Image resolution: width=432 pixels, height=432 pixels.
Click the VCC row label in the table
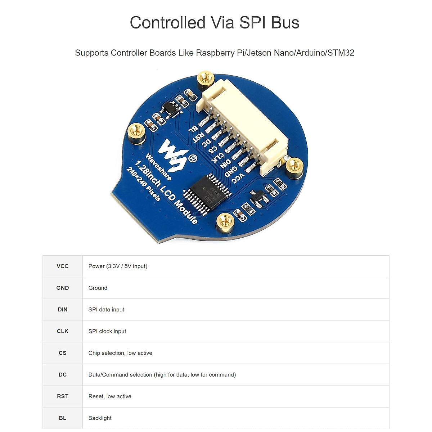tap(63, 266)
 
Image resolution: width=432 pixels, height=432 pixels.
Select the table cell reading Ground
tap(98, 288)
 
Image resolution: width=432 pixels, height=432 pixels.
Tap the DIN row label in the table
tap(63, 310)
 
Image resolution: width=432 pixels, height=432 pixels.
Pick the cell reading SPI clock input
tap(107, 331)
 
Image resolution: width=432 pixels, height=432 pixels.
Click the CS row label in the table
tap(63, 353)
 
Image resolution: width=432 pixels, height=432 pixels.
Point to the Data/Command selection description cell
tap(162, 375)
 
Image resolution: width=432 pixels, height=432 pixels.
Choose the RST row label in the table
tap(63, 396)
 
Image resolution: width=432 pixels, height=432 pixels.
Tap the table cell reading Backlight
tap(100, 418)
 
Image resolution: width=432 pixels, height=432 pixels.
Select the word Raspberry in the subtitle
tap(215, 53)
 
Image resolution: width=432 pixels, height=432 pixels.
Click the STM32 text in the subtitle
tap(341, 53)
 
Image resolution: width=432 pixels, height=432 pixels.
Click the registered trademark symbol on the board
tap(193, 158)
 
